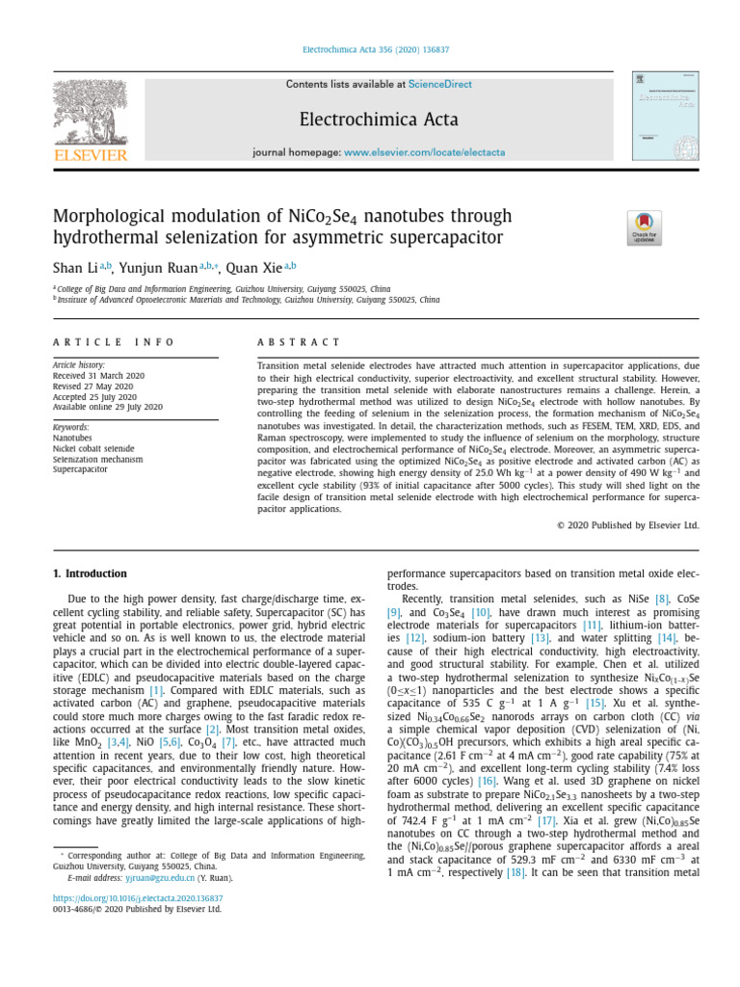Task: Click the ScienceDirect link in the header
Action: tap(440, 85)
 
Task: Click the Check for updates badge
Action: tap(645, 227)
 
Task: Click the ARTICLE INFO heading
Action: tap(114, 342)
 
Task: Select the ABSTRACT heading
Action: tap(299, 342)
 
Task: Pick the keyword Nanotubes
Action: tap(73, 438)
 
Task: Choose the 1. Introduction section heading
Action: tap(90, 574)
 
